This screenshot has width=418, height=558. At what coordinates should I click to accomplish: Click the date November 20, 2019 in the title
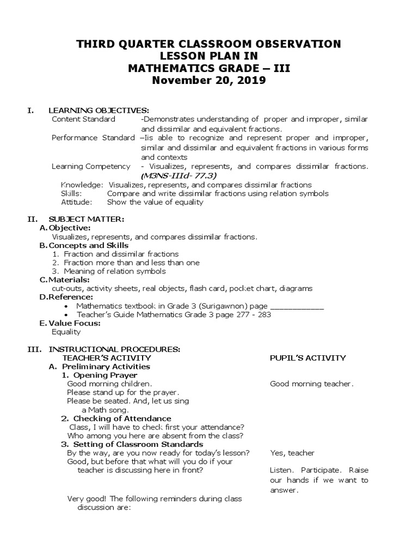coord(209,81)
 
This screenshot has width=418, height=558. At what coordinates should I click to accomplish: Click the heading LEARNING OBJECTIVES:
coord(99,111)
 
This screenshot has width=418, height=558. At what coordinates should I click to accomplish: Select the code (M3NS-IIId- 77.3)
coord(179,176)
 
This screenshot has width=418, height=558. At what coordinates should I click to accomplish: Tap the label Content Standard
coord(83,119)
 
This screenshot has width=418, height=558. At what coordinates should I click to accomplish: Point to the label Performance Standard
coord(93,138)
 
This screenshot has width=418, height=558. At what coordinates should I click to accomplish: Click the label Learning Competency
coord(91,167)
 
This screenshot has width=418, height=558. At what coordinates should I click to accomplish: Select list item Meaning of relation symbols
coord(115,271)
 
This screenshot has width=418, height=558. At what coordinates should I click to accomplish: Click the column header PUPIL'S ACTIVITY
coord(308,358)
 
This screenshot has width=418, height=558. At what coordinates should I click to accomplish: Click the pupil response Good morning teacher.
coord(311,384)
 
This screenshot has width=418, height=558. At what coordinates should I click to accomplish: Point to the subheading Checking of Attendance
coord(122,418)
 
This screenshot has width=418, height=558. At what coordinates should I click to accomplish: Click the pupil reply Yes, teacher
coord(292,453)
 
